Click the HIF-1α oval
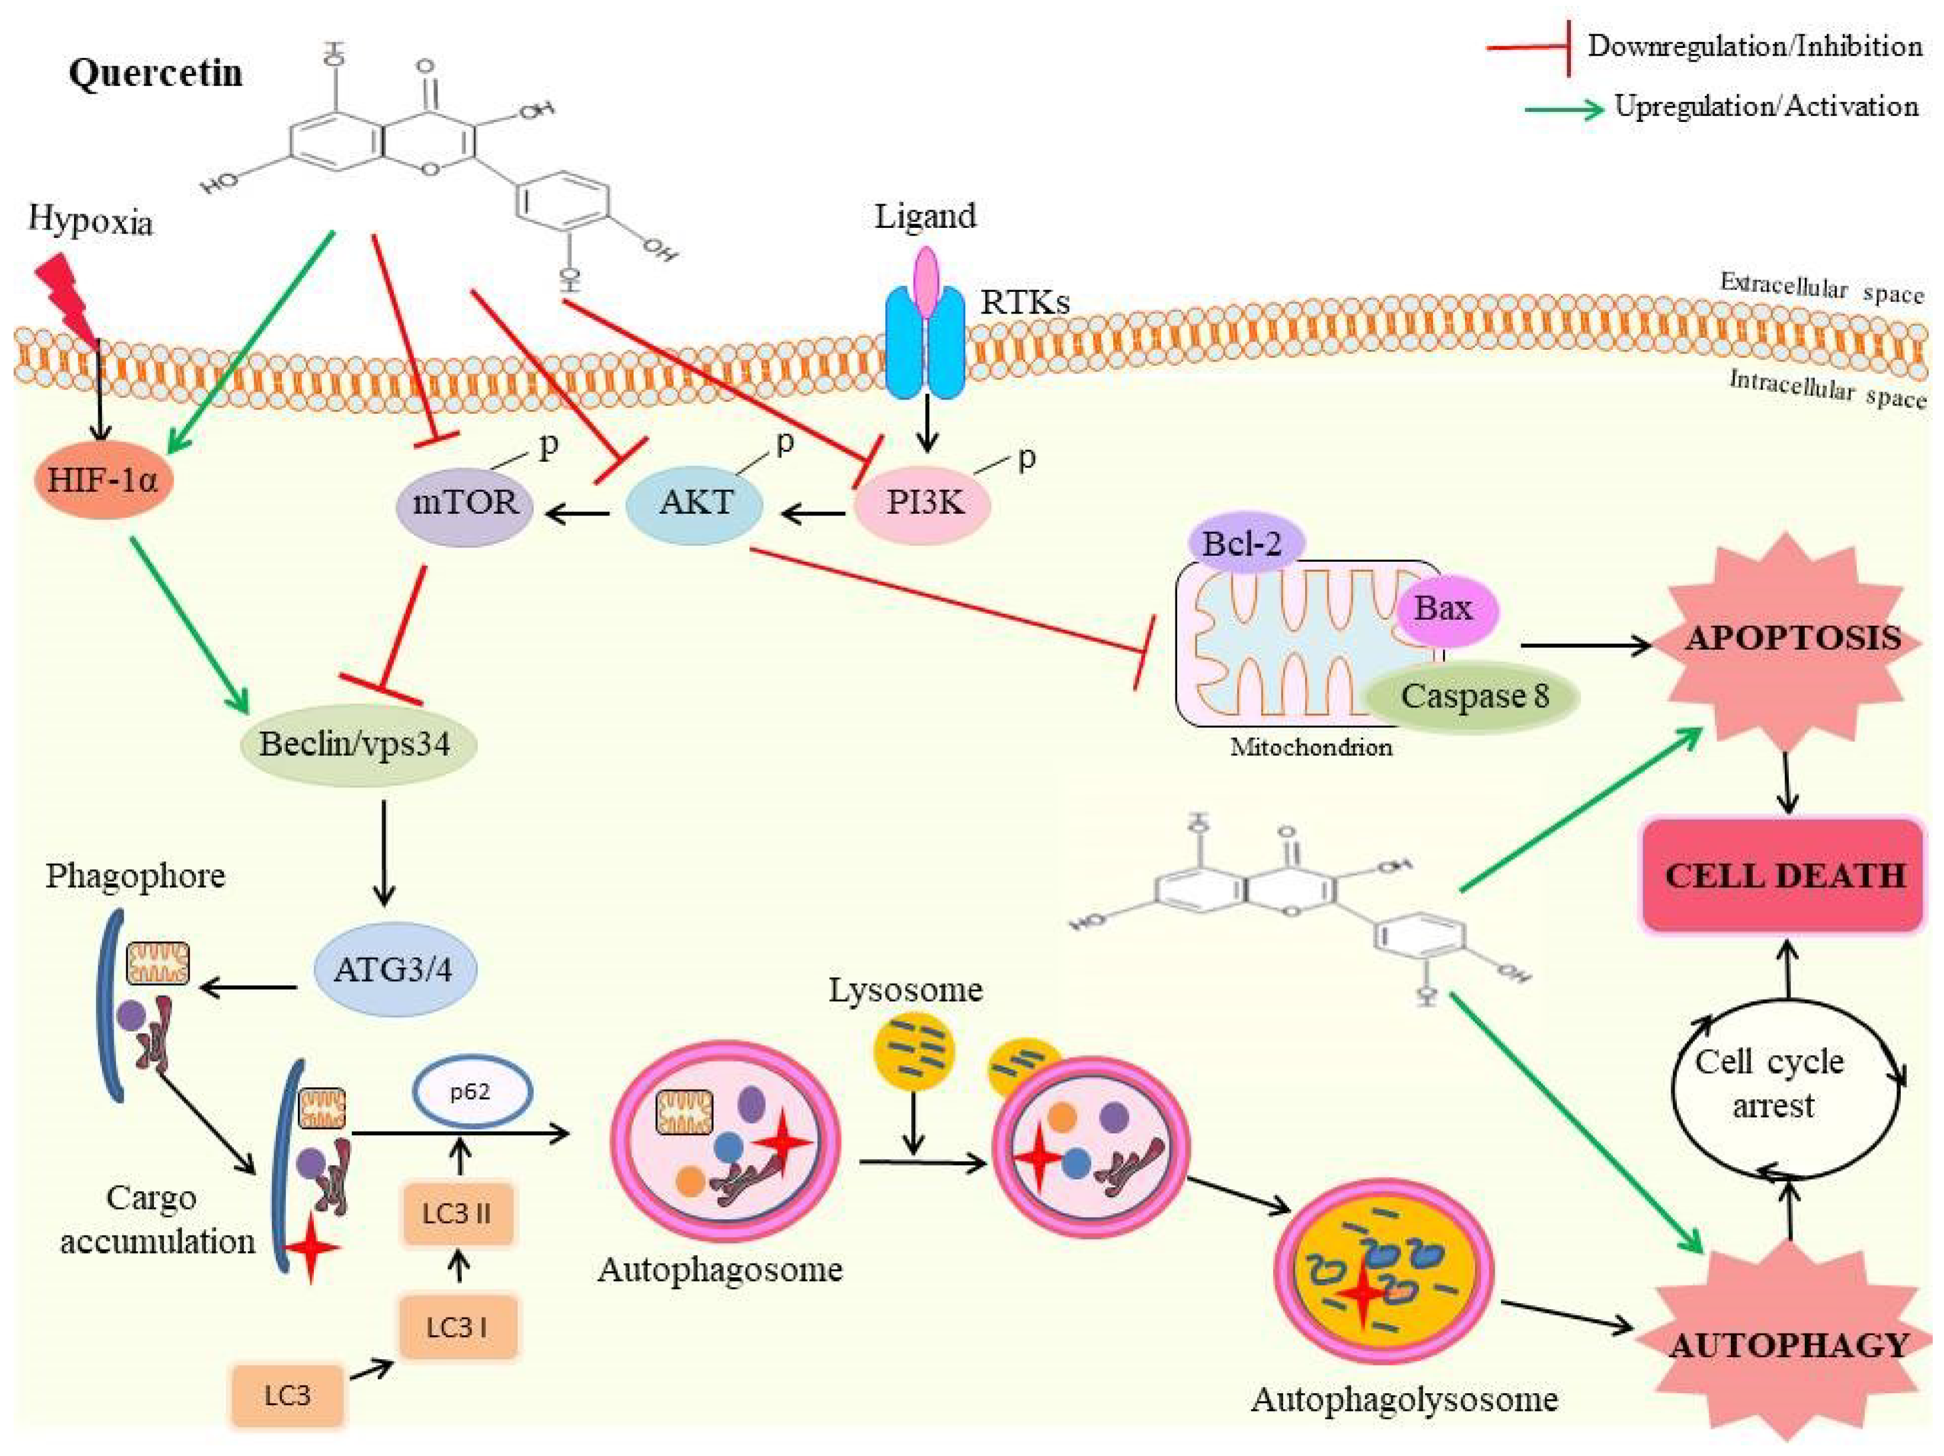pyautogui.click(x=104, y=481)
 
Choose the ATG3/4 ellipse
pyautogui.click(x=394, y=970)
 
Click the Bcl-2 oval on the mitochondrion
pyautogui.click(x=1242, y=544)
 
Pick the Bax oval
pyautogui.click(x=1443, y=608)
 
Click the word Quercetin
pyautogui.click(x=156, y=73)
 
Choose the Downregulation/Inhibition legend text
pyautogui.click(x=1754, y=46)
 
